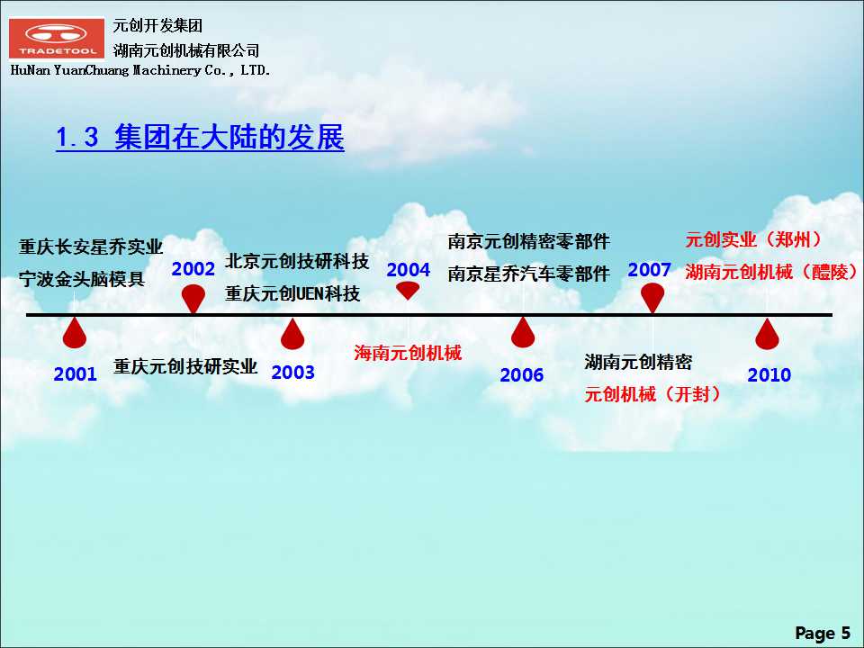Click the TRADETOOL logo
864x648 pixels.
56,38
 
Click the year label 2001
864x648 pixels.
75,374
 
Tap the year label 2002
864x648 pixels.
193,269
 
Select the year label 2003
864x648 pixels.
292,373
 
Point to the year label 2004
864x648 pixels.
408,270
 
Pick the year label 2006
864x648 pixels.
521,375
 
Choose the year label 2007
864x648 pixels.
649,270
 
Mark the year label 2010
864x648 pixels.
769,375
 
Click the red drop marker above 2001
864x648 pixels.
75,333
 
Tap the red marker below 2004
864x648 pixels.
408,290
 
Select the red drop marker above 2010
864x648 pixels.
767,334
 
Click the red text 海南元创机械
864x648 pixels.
408,353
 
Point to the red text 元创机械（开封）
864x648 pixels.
652,394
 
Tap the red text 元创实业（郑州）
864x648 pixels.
753,239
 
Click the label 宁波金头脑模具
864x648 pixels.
82,279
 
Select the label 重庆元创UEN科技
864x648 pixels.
292,293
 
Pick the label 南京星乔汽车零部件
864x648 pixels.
528,274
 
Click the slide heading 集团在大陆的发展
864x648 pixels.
229,137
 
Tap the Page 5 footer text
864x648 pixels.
823,633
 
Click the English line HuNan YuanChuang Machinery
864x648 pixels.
140,70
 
